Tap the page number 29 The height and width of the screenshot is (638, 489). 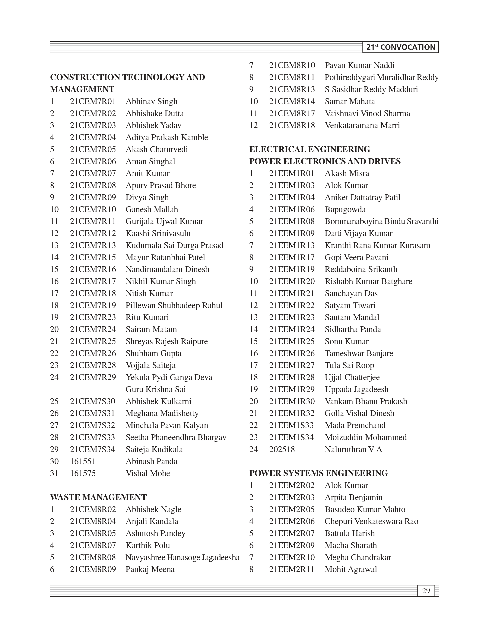(x=426, y=590)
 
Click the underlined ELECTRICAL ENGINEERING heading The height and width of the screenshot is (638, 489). (x=310, y=149)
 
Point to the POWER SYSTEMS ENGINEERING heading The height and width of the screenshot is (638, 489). (x=318, y=473)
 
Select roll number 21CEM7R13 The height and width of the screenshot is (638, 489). (x=93, y=245)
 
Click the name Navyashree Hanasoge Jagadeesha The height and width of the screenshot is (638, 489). (x=183, y=557)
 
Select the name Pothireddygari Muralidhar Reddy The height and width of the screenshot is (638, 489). (x=382, y=78)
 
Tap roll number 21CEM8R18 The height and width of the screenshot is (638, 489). (x=292, y=126)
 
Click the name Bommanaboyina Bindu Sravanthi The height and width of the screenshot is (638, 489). (x=382, y=221)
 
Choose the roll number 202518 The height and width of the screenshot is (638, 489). (x=282, y=449)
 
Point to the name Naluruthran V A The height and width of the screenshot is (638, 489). (x=353, y=449)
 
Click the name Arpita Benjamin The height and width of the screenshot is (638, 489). (x=353, y=497)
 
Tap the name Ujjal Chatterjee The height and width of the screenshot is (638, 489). (x=352, y=377)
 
